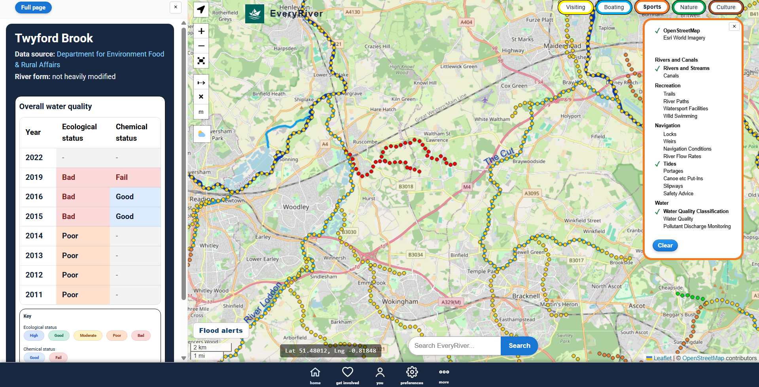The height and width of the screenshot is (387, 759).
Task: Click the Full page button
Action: coord(33,8)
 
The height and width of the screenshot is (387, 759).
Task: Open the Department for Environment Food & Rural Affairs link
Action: coord(89,59)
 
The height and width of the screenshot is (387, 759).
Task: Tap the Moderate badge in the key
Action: coord(88,336)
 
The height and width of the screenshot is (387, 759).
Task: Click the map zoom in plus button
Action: coord(201,31)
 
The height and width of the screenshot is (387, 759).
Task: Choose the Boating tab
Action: coord(614,7)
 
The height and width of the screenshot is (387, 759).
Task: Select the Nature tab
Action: coord(689,7)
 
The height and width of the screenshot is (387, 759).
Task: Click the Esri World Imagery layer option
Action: coord(684,38)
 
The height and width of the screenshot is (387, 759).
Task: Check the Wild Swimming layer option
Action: coord(680,116)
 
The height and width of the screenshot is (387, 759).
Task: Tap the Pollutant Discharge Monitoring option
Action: coord(697,227)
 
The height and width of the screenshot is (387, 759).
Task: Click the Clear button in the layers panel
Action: coord(665,245)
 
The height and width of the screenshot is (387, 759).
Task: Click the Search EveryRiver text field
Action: coord(454,346)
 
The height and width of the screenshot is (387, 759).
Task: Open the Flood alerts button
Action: coord(221,330)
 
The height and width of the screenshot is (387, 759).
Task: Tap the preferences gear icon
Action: coord(412,372)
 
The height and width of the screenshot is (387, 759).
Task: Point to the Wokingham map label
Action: coord(399,302)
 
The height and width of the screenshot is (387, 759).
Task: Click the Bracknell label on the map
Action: coord(526,296)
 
